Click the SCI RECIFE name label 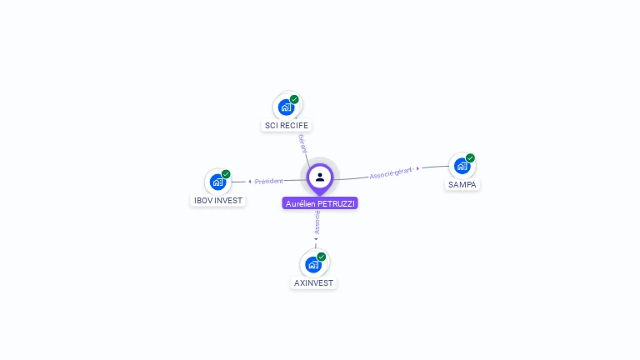point(287,126)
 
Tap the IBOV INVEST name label point(218,201)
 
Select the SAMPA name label point(462,185)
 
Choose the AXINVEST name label point(313,283)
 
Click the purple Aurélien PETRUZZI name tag point(320,203)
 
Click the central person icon point(320,177)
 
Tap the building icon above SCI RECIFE point(286,107)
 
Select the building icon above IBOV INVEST point(217,182)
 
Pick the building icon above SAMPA point(462,166)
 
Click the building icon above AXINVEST point(312,265)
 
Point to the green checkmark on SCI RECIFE point(294,99)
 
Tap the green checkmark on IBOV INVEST point(226,174)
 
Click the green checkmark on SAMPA point(470,157)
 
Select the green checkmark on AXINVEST point(322,257)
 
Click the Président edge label point(269,181)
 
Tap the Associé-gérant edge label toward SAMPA point(391,172)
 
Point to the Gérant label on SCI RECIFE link point(302,142)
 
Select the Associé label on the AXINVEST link point(317,222)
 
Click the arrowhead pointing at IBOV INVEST point(249,182)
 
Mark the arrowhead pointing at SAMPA point(417,168)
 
